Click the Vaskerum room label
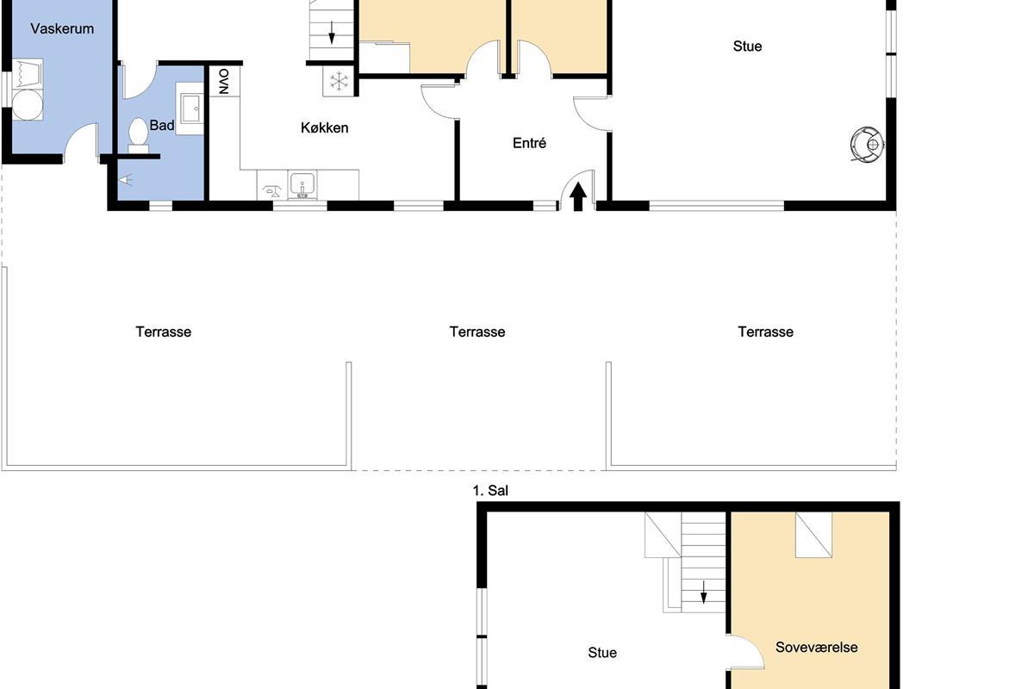coord(62,28)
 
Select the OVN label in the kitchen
coord(224,82)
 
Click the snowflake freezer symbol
coord(339,81)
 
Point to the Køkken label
coord(325,127)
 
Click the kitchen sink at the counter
coord(302,184)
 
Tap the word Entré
coord(529,143)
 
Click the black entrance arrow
coord(578,196)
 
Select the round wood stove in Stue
coord(868,145)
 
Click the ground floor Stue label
coord(747,47)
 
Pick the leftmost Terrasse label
coord(164,332)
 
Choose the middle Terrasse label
coord(477,332)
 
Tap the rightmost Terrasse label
coord(765,332)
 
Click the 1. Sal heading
coord(490,490)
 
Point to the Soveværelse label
coord(817,648)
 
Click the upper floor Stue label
coord(602,653)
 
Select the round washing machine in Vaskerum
coord(28,105)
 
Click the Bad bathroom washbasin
coord(190,109)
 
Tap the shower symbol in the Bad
coord(126,179)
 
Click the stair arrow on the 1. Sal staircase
coord(703,592)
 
